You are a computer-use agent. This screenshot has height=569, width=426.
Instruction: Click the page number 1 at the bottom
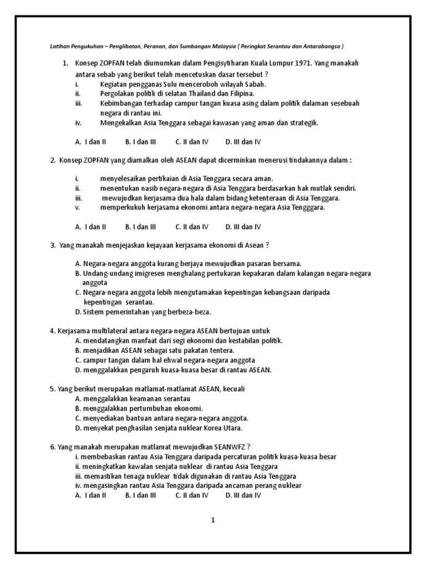point(212,520)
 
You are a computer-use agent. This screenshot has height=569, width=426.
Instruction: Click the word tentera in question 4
point(221,350)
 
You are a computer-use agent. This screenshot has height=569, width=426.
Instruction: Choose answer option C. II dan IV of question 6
point(192,495)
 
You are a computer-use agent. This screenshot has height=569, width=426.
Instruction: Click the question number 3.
point(53,245)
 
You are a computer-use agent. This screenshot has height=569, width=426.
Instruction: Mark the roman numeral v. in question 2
point(78,207)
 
